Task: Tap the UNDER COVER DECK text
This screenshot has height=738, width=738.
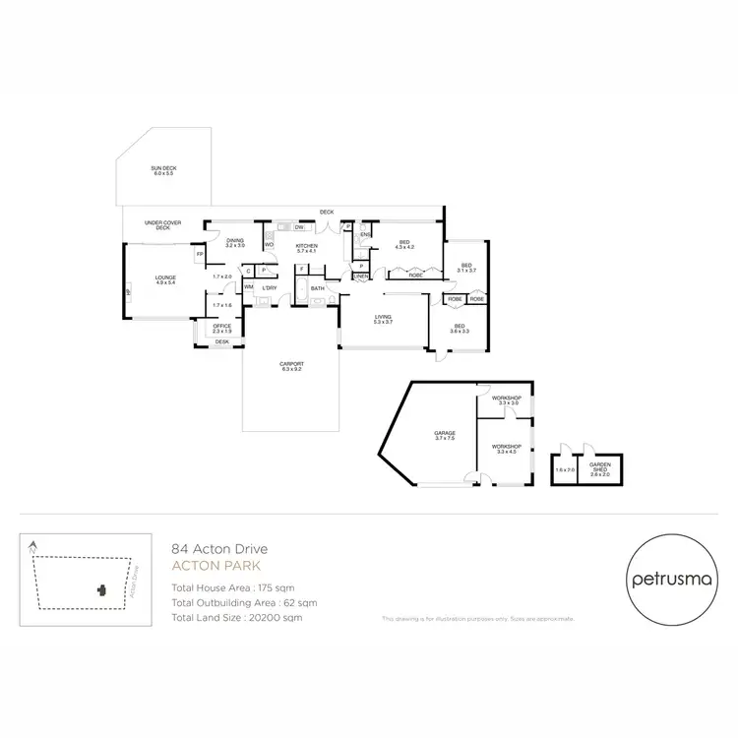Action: [x=162, y=225]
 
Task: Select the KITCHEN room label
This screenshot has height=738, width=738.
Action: [x=306, y=248]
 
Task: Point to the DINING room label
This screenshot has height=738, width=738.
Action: [x=234, y=242]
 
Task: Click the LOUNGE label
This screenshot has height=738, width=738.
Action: [x=164, y=279]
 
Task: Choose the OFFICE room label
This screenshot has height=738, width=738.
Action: [x=222, y=328]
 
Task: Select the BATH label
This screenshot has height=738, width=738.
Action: [x=318, y=288]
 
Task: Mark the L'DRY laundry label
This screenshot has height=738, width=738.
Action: [x=268, y=287]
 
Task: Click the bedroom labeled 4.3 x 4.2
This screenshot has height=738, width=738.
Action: [x=404, y=244]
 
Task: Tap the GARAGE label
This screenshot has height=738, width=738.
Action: [x=444, y=435]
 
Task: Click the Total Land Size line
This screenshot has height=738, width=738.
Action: [x=236, y=617]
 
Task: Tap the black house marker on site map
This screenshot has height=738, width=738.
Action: [x=100, y=590]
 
